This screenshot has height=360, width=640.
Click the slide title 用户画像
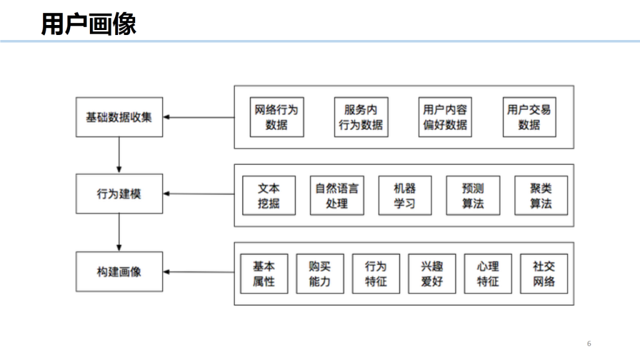click(x=88, y=24)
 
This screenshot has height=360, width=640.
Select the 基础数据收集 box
click(x=119, y=117)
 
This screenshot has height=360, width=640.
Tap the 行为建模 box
click(x=119, y=194)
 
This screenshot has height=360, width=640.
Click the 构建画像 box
click(x=119, y=272)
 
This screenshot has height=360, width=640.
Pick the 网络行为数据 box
click(x=276, y=117)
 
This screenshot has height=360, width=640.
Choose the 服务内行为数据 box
click(x=361, y=117)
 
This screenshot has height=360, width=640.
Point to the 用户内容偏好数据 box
click(x=445, y=117)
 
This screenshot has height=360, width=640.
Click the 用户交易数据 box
click(x=529, y=117)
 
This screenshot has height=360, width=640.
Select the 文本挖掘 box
click(x=269, y=195)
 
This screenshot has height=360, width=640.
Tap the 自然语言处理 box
click(x=337, y=195)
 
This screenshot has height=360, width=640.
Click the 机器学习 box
click(x=404, y=195)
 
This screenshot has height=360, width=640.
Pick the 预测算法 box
click(x=472, y=195)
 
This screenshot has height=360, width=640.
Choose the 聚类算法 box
click(x=541, y=195)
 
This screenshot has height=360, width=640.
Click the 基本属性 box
click(x=264, y=273)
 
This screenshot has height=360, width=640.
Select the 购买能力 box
click(x=319, y=273)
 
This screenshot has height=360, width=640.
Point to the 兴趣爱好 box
click(x=432, y=273)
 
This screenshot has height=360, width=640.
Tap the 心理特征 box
click(x=488, y=273)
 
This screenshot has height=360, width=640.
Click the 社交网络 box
click(x=544, y=273)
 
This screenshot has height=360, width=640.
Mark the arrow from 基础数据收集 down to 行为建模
click(x=119, y=155)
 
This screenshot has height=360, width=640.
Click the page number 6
click(x=589, y=344)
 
